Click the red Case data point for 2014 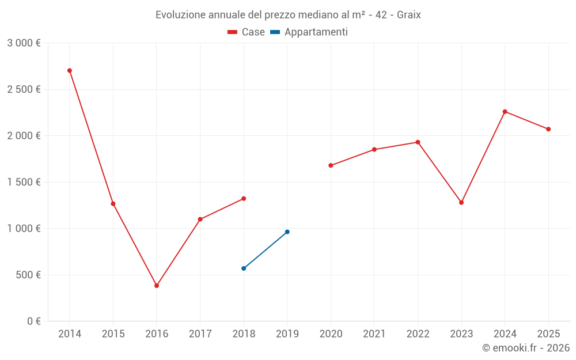(70, 70)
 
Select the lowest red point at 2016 (157, 286)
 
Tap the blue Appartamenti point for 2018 (244, 268)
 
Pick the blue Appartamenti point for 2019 (287, 232)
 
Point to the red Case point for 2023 (461, 202)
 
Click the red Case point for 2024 (505, 112)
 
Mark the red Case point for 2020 (331, 165)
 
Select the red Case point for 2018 (244, 199)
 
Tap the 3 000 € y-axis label (24, 43)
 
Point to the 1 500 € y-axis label (24, 182)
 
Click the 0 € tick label (33, 321)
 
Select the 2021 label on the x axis (374, 334)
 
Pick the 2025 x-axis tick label (548, 334)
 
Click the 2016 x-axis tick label (157, 334)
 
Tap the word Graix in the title (408, 15)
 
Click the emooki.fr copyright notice (525, 348)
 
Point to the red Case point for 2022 (418, 142)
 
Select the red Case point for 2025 (548, 129)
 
